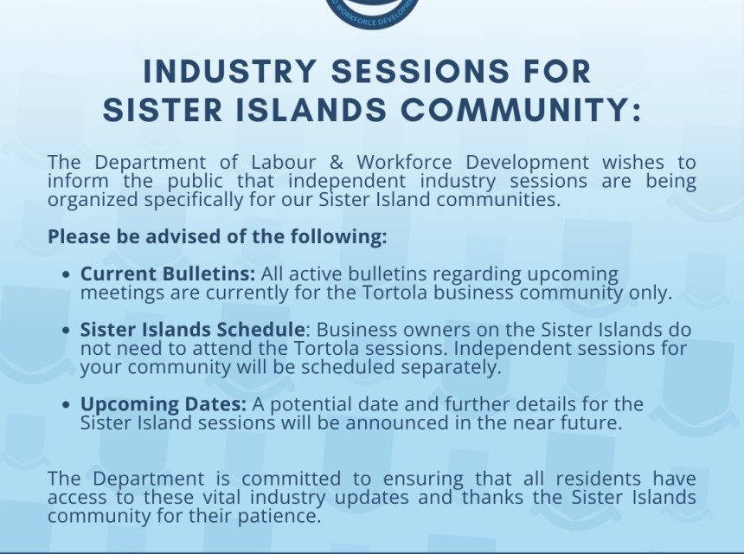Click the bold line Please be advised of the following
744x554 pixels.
[x=217, y=236]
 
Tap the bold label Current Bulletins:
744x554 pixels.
[x=168, y=274]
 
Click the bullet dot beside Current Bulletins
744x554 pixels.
[x=67, y=275]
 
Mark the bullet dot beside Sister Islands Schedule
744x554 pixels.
[x=67, y=331]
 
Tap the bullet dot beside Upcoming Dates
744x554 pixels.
[x=67, y=405]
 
